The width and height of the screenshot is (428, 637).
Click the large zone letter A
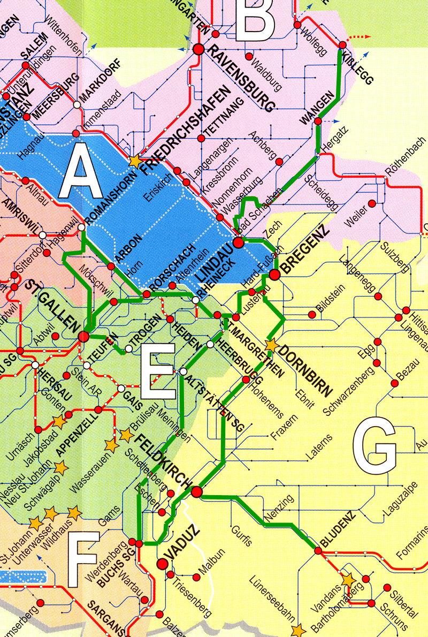(x=82, y=172)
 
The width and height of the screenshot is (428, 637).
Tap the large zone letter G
(x=377, y=448)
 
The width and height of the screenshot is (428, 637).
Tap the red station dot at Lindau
(x=239, y=242)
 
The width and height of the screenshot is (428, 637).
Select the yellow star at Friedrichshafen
(x=135, y=160)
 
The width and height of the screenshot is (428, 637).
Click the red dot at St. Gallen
(x=83, y=337)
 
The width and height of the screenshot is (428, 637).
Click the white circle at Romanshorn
(x=81, y=227)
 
